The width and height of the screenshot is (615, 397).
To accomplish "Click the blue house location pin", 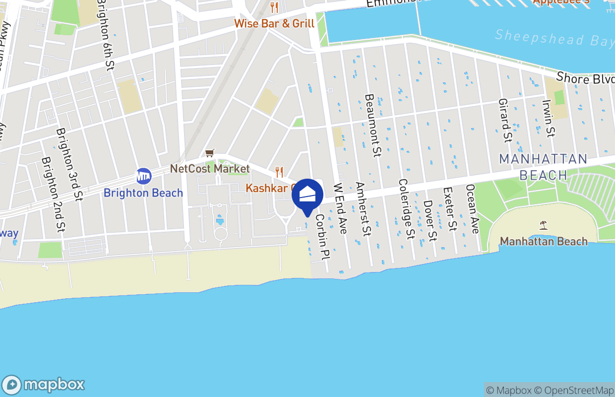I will pyautogui.click(x=307, y=195).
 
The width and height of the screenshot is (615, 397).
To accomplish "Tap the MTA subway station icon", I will pyautogui.click(x=143, y=176).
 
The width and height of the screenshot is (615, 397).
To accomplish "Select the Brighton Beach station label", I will pyautogui.click(x=143, y=193).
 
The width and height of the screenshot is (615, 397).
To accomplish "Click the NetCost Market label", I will pyautogui.click(x=210, y=169).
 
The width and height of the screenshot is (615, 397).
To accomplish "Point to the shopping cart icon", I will pyautogui.click(x=210, y=153).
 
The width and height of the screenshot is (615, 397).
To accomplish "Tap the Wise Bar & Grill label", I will pyautogui.click(x=274, y=23).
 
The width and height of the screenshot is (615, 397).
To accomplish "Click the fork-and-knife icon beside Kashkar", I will pyautogui.click(x=279, y=172).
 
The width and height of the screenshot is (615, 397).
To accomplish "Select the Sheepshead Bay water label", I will pyautogui.click(x=554, y=38).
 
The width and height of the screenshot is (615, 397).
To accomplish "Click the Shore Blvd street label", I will pyautogui.click(x=585, y=78).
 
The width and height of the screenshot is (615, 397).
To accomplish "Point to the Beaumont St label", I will pyautogui.click(x=372, y=125).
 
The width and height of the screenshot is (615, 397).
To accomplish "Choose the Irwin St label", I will pyautogui.click(x=548, y=119).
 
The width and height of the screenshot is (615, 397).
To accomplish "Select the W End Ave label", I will pyautogui.click(x=340, y=208).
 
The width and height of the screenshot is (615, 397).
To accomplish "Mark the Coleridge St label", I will pyautogui.click(x=406, y=209).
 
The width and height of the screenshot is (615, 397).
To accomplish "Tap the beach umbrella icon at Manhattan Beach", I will pyautogui.click(x=544, y=225).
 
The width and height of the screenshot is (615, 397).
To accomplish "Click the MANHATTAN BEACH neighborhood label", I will pyautogui.click(x=543, y=167).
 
